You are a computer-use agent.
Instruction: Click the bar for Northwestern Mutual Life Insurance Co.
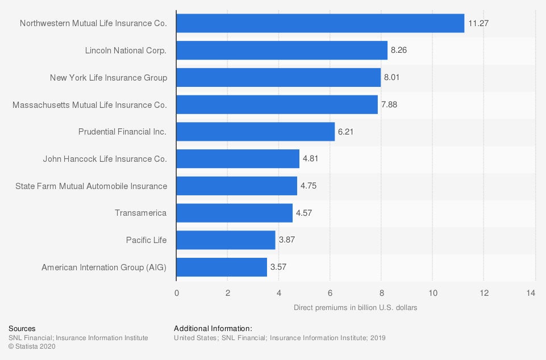coord(320,23)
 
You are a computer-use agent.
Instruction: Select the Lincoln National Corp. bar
coord(282,51)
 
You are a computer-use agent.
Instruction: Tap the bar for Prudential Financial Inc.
coord(256,132)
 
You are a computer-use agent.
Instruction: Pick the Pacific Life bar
coord(226,240)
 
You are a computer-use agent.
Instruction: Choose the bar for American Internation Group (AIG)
coord(222,267)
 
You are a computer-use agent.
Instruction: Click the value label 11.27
coord(478,24)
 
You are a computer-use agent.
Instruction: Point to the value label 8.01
coord(392,77)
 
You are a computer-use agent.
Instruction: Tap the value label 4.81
coord(310,159)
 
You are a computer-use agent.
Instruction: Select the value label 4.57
coord(304,213)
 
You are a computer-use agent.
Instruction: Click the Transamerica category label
coord(140,213)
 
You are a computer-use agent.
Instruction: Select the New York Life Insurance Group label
coord(109,77)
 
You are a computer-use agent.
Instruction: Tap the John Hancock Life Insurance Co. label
coord(105,159)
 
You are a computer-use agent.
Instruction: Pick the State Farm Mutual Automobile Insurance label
coord(91,186)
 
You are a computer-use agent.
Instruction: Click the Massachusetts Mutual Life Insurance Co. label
coord(90,104)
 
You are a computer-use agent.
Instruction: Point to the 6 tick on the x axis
coord(330,293)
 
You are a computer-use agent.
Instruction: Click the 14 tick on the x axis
coord(531,293)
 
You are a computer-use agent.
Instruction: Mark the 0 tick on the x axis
coord(176,293)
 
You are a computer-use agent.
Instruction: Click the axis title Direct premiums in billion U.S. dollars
coord(356,308)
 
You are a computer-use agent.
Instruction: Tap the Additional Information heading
coord(213,329)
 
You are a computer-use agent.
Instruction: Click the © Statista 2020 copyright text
coord(32,347)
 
